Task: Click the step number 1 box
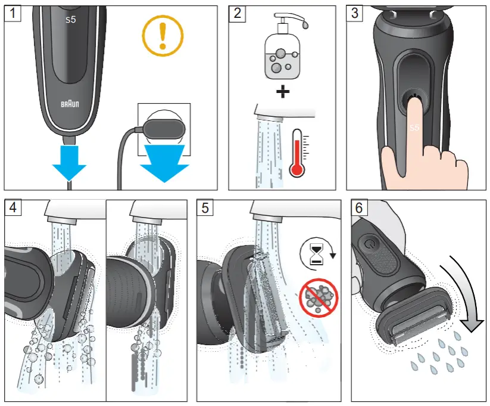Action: click(12, 13)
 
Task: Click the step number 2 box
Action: click(238, 13)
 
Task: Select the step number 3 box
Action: click(355, 13)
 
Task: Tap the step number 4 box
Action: click(12, 208)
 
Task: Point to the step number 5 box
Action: click(205, 208)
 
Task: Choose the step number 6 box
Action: click(360, 208)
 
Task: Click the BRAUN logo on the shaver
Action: click(71, 103)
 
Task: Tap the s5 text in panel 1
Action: click(71, 20)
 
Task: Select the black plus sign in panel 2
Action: click(283, 92)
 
